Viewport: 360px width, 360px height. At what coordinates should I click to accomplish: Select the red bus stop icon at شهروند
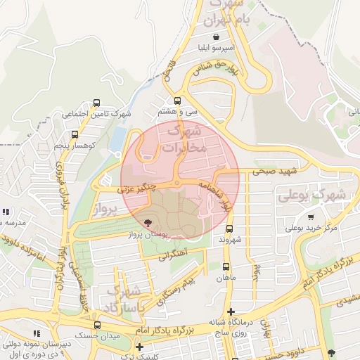[230, 229]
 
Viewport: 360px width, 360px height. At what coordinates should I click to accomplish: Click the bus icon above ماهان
[226, 266]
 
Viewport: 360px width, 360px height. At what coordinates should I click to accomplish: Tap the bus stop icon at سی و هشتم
[177, 101]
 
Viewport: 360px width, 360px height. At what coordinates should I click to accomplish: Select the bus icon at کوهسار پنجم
[75, 134]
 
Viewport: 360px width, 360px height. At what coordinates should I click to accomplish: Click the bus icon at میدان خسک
[97, 325]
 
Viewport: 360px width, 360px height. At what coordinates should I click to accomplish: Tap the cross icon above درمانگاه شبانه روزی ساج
[230, 311]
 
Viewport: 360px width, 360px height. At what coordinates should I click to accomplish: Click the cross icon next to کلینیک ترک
[139, 346]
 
